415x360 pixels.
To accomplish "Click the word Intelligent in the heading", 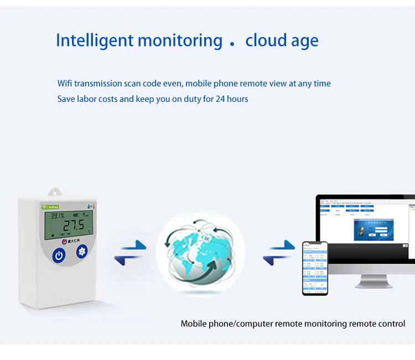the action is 94,40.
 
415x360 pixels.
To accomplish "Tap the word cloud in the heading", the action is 266,40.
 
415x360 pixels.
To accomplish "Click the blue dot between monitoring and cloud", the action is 232,43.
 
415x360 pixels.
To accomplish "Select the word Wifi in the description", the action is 66,84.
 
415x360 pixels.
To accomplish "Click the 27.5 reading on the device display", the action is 73,225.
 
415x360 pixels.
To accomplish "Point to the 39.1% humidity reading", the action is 58,216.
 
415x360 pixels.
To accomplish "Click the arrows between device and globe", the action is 131,252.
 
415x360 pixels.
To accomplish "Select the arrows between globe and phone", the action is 279,252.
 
